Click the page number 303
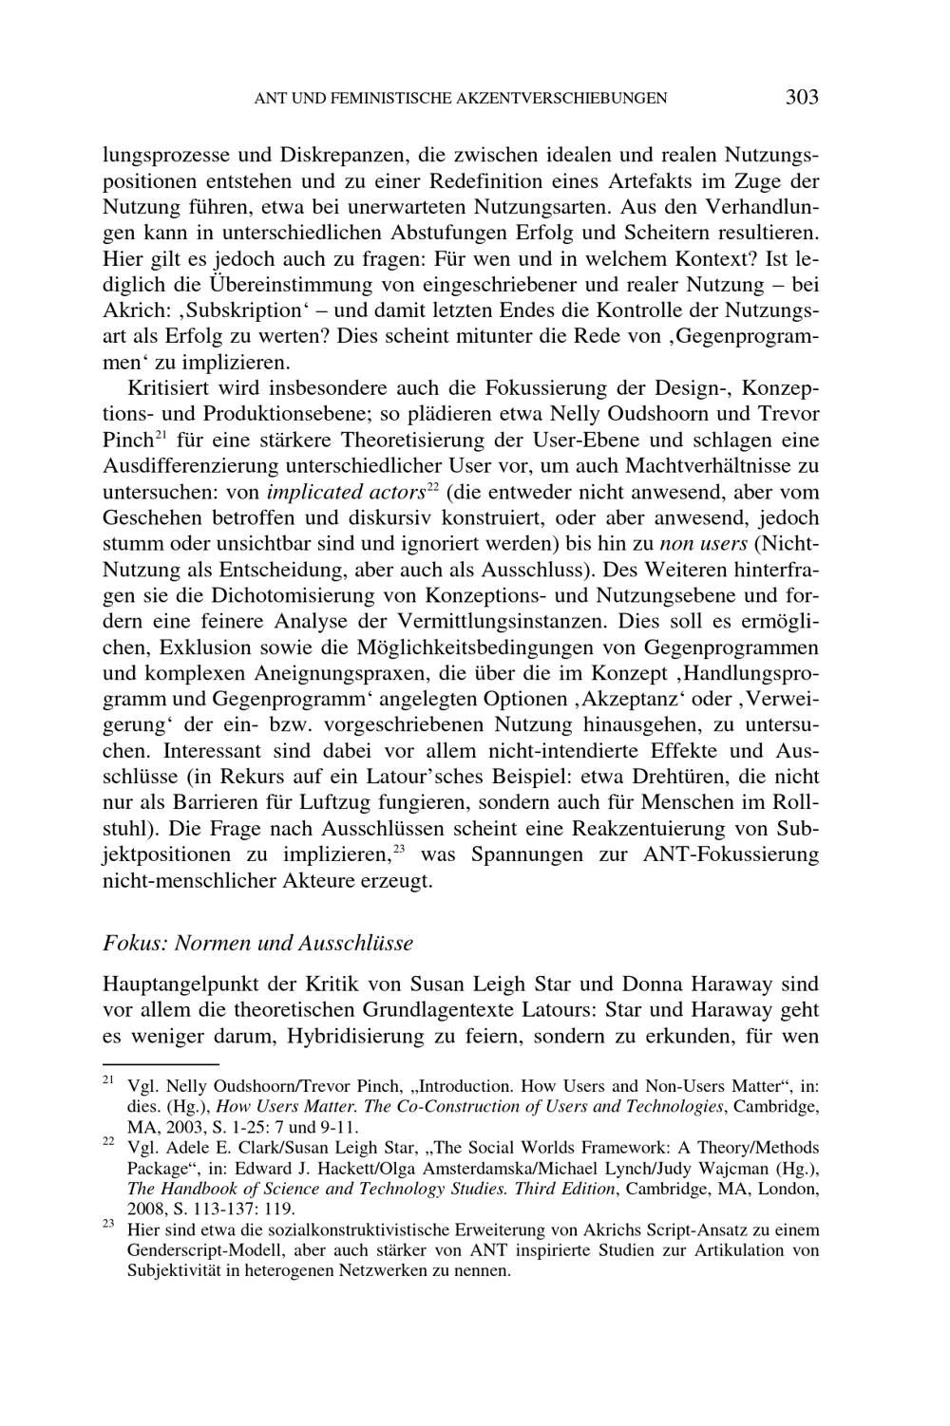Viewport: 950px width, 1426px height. [802, 97]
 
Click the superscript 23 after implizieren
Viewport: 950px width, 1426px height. [401, 848]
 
